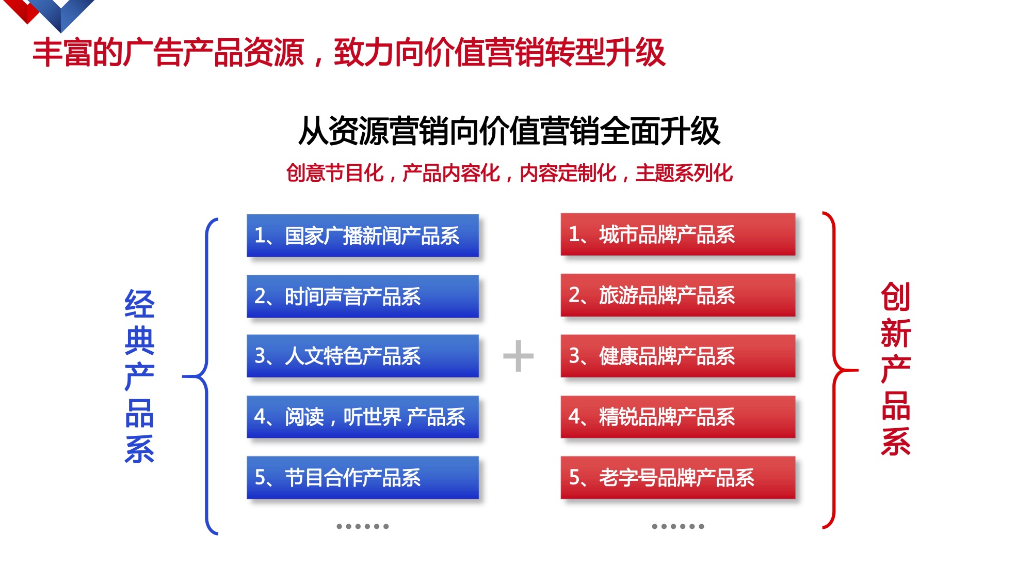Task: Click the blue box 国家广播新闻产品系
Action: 363,235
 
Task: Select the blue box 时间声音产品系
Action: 363,296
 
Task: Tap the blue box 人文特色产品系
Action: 363,356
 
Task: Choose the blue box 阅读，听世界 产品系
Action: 363,417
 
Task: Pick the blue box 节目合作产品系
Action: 363,477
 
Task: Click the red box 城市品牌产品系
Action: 678,234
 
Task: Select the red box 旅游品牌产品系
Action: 678,295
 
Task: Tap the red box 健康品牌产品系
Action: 678,356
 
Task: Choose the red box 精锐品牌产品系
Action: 678,417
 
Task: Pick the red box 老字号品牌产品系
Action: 678,477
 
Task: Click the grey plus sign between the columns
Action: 518,356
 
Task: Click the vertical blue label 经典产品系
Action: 139,376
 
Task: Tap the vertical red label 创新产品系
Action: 896,369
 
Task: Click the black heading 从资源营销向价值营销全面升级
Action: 509,131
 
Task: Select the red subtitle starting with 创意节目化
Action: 509,173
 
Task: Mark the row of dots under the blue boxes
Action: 363,526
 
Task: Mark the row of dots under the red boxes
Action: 678,526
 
